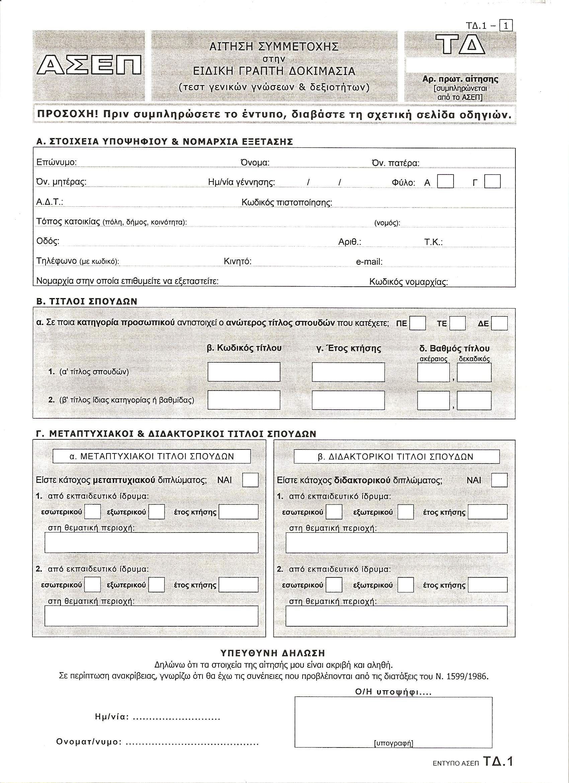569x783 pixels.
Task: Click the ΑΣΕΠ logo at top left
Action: click(x=89, y=65)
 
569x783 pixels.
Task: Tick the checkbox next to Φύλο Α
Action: click(x=445, y=181)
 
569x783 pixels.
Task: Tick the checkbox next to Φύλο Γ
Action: click(x=492, y=181)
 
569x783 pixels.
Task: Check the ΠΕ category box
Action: click(x=417, y=324)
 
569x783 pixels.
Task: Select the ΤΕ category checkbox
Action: click(x=458, y=324)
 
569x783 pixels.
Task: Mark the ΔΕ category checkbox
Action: click(x=499, y=324)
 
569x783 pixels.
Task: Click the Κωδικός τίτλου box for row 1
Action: click(x=244, y=372)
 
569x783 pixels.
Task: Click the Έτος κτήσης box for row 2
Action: click(x=348, y=400)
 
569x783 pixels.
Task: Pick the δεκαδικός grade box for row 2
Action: click(x=474, y=401)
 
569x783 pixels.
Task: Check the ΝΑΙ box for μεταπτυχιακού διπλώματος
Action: click(x=250, y=480)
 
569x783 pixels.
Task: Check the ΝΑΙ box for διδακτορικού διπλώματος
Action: click(x=499, y=480)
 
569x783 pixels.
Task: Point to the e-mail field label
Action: click(x=369, y=262)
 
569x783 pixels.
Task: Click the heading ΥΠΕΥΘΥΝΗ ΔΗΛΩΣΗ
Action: click(x=272, y=653)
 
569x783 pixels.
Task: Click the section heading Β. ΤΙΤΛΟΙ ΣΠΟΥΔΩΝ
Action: click(x=87, y=301)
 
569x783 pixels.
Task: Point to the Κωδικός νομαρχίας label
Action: click(x=409, y=282)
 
